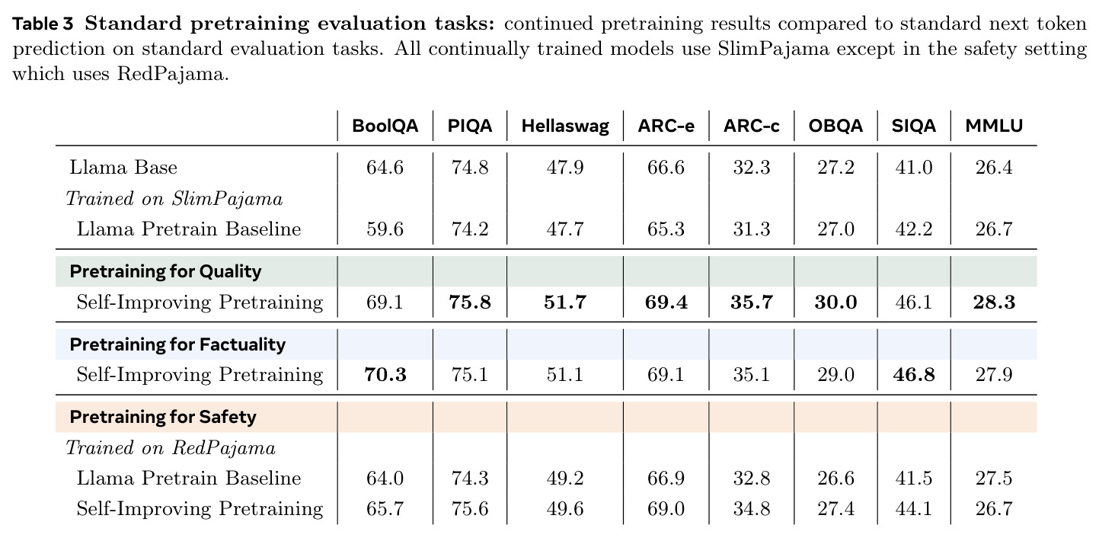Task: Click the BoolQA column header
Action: tap(385, 126)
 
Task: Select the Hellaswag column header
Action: tap(565, 126)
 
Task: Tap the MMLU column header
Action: tap(994, 126)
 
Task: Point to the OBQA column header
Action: tap(835, 126)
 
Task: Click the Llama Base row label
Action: tap(123, 168)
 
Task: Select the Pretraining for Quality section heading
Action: tap(165, 271)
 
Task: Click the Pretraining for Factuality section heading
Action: tap(177, 344)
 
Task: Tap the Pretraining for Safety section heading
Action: tap(163, 418)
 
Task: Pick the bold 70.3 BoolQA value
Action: tap(385, 375)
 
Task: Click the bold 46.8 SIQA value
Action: tap(914, 375)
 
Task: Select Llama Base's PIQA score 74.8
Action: tap(470, 168)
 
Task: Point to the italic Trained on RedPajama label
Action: tap(171, 448)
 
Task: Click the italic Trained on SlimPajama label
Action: tap(174, 199)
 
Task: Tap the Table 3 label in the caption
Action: tap(43, 24)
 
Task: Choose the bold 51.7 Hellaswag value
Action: tap(565, 303)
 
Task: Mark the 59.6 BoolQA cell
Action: tap(385, 229)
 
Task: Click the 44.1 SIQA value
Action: tap(914, 509)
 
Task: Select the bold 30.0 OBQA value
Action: tap(835, 303)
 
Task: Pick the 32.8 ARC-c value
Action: tap(752, 479)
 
